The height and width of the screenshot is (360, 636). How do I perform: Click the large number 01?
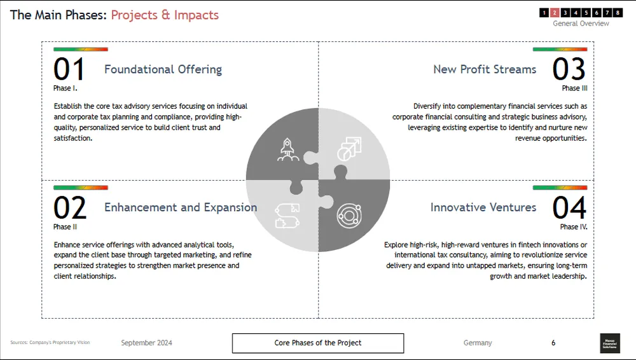click(x=69, y=69)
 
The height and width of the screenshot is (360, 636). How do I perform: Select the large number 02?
click(x=69, y=208)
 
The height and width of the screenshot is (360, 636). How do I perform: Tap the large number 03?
click(x=569, y=69)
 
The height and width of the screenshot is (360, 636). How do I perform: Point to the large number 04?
click(x=569, y=208)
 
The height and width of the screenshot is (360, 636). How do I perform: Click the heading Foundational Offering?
click(x=163, y=69)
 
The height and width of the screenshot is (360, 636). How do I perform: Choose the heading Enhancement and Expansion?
click(x=181, y=207)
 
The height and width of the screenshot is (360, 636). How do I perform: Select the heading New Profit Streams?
click(x=485, y=69)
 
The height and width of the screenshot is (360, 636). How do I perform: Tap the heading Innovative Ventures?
click(x=483, y=207)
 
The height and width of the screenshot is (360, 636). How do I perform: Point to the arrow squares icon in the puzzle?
click(x=349, y=149)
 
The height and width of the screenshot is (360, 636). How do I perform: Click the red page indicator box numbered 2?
click(x=555, y=12)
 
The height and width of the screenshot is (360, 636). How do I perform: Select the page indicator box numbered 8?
click(x=618, y=12)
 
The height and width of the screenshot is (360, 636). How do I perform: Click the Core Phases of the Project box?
click(x=318, y=343)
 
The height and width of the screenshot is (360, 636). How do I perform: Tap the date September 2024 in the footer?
click(x=146, y=343)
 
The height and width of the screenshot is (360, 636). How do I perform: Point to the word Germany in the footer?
click(x=478, y=343)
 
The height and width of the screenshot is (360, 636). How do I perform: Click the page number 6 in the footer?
click(x=553, y=343)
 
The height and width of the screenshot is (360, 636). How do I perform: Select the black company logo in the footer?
click(x=609, y=343)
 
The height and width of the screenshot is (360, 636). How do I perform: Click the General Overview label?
click(x=581, y=24)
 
